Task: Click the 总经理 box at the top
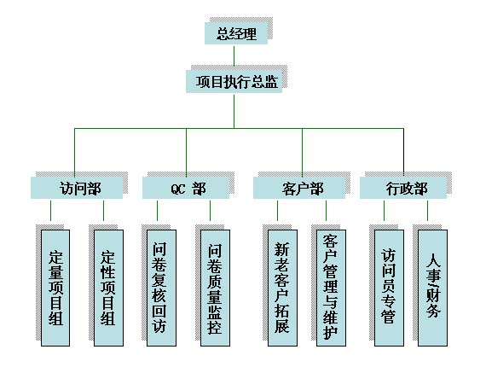pyautogui.click(x=236, y=33)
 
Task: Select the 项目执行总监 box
pyautogui.click(x=234, y=82)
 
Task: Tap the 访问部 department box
pyautogui.click(x=77, y=188)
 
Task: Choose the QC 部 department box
pyautogui.click(x=186, y=188)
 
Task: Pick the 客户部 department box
pyautogui.click(x=299, y=188)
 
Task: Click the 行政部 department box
pyautogui.click(x=403, y=188)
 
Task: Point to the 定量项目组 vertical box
pyautogui.click(x=55, y=288)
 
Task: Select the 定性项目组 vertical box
pyautogui.click(x=108, y=288)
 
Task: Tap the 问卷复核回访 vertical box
pyautogui.click(x=161, y=288)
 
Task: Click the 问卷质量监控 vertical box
pyautogui.click(x=215, y=288)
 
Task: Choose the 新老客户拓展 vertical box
pyautogui.click(x=282, y=288)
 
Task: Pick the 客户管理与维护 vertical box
pyautogui.click(x=331, y=288)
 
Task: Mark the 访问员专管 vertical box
pyautogui.click(x=389, y=288)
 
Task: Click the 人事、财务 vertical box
pyautogui.click(x=432, y=288)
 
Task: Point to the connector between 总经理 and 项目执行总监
pyautogui.click(x=234, y=56)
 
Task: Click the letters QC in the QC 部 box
pyautogui.click(x=178, y=189)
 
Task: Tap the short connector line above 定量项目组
pyautogui.click(x=50, y=211)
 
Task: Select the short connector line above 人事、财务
pyautogui.click(x=427, y=211)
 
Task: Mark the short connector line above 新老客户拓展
pyautogui.click(x=277, y=211)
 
